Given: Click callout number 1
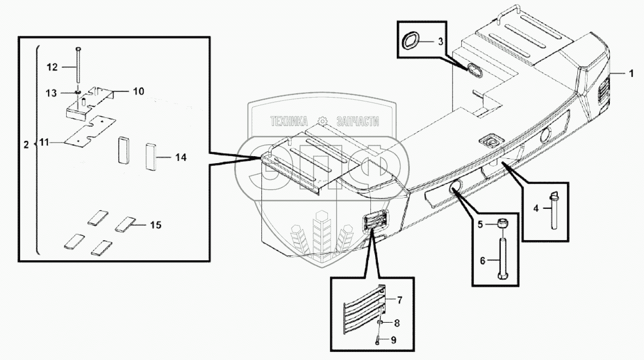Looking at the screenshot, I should coord(631,73).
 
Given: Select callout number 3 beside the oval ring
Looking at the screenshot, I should coord(440,41).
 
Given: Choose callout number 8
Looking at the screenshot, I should coord(397,324).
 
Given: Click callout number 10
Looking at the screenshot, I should coord(139,92).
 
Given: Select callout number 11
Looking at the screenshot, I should coord(43,143).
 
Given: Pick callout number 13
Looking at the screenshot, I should coord(51,93).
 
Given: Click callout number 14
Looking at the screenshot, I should coord(181,158).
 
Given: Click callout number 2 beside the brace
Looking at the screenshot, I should coord(26,145).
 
